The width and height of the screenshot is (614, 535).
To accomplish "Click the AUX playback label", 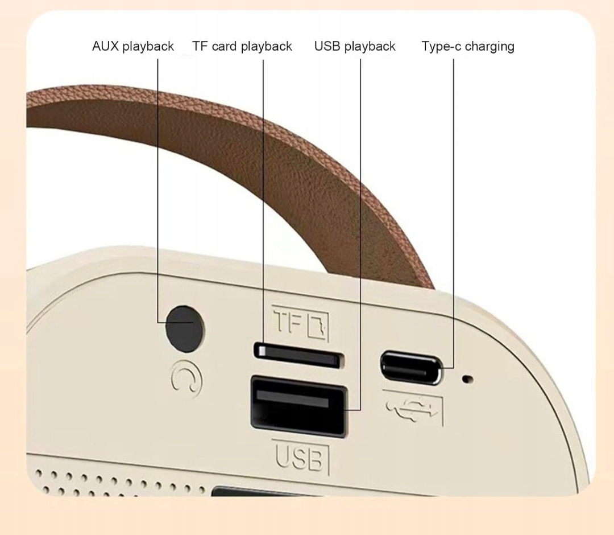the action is click(x=132, y=46).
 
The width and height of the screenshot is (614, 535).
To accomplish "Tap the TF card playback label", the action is click(x=242, y=46).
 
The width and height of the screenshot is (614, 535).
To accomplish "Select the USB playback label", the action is click(x=355, y=46).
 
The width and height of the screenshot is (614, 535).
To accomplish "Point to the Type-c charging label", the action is click(x=467, y=46).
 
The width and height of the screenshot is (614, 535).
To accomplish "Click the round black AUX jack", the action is click(x=185, y=328).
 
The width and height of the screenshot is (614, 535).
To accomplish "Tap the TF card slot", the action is click(x=298, y=355).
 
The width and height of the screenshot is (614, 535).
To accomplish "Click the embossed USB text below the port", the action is click(x=301, y=457).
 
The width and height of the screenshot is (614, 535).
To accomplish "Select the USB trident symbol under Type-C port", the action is click(x=413, y=408).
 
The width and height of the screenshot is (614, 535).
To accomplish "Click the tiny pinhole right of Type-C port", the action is click(x=468, y=378).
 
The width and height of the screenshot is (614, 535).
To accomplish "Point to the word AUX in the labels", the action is click(x=105, y=46).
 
